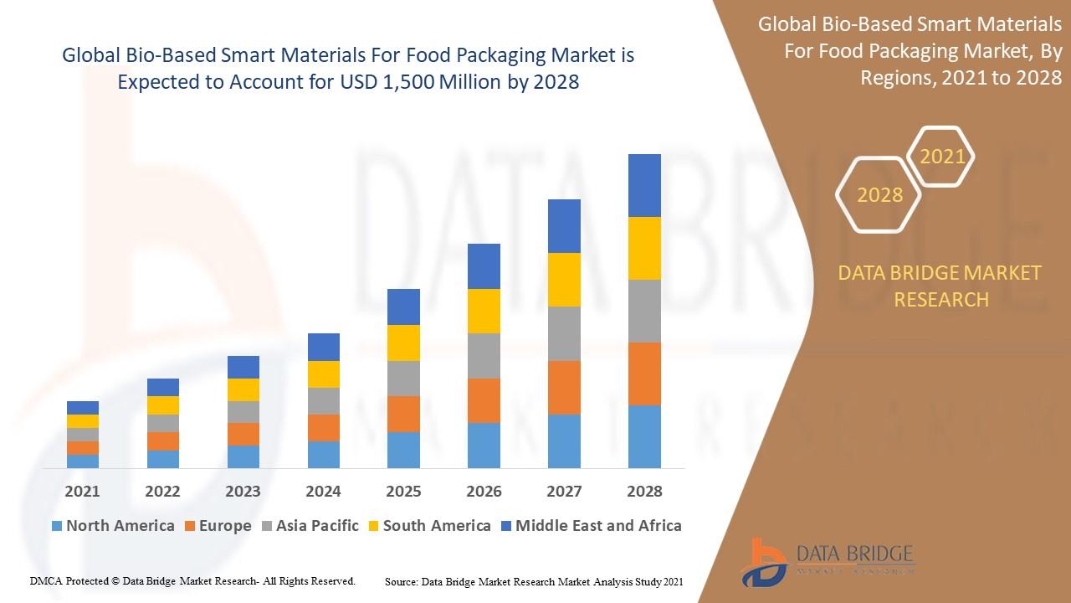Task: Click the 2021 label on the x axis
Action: point(82,492)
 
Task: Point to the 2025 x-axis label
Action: point(403,492)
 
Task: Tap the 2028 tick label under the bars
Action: point(644,492)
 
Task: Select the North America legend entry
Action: point(113,526)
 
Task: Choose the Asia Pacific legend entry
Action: point(310,526)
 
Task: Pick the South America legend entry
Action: point(429,526)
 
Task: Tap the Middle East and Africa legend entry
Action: point(591,526)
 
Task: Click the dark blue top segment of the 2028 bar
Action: point(644,185)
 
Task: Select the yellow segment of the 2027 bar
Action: point(564,280)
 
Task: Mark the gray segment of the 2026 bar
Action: point(484,356)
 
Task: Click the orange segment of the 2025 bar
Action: point(403,414)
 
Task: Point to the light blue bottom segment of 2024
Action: point(323,454)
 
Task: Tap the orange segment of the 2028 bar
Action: point(644,374)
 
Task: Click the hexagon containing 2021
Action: point(942,157)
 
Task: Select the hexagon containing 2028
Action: point(879,195)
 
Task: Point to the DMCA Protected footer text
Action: point(193,580)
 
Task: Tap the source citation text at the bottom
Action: point(534,581)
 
